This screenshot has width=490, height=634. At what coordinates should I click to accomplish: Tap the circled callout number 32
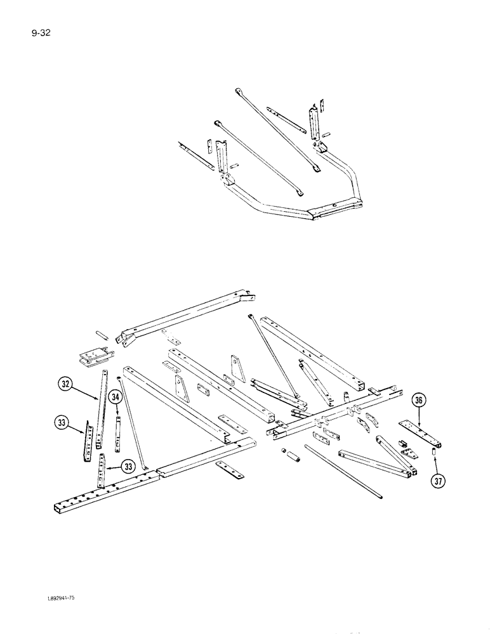[65, 384]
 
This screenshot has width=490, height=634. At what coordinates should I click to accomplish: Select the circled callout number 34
[114, 397]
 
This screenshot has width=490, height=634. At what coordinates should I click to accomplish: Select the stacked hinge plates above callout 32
[95, 358]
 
